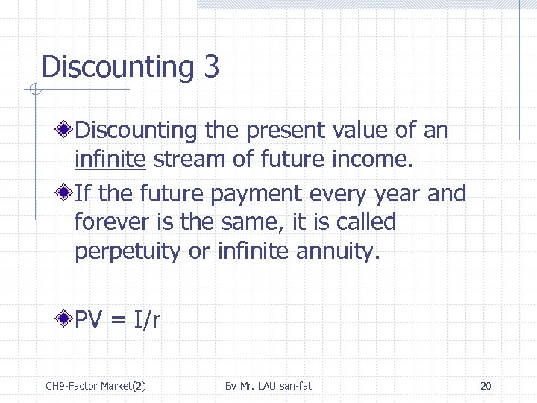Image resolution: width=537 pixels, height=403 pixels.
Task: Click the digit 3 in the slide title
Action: pos(210,67)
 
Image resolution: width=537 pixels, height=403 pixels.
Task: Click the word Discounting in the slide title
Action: pos(118,67)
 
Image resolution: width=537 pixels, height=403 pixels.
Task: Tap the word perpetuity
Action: pos(128,252)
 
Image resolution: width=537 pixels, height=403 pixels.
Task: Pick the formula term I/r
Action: pos(147,320)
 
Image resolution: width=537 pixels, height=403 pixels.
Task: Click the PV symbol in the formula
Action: pos(89,320)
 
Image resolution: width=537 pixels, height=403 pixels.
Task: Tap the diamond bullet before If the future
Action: pos(66,193)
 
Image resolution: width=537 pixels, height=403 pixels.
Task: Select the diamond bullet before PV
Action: pos(66,320)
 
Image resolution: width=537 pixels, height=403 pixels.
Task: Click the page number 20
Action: pos(486,386)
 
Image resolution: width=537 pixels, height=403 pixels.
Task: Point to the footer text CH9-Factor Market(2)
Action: pos(95,386)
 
